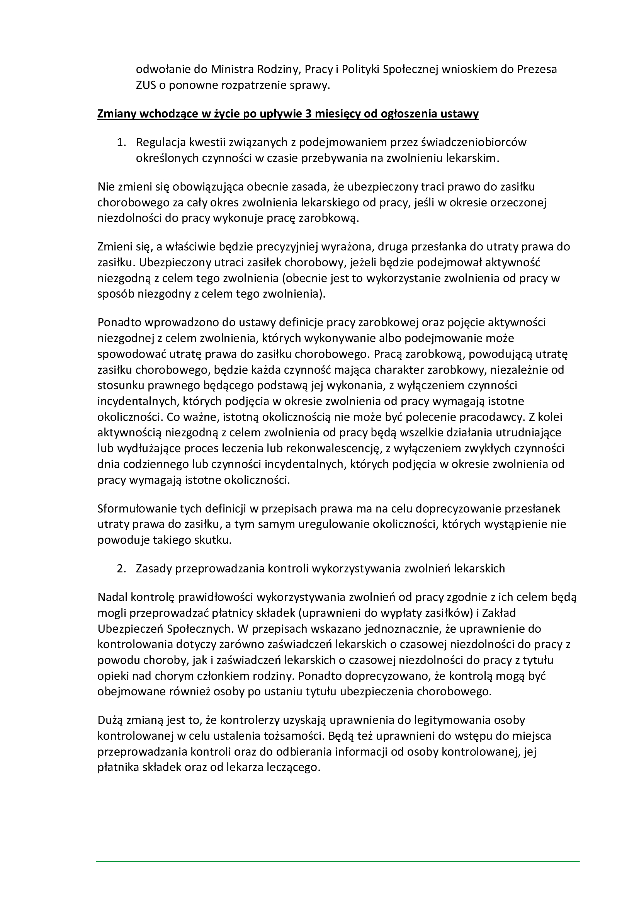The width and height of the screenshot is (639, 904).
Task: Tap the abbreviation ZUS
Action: [146, 85]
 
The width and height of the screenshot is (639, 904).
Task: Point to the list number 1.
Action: [121, 142]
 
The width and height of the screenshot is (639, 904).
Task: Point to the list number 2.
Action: [121, 569]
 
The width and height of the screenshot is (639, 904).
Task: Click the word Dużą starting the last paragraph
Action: [110, 720]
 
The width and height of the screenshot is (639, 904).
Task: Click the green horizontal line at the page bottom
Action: [337, 861]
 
